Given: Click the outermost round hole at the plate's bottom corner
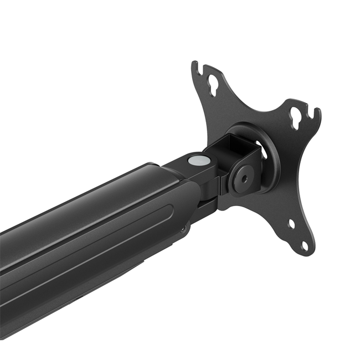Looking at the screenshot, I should [304, 244].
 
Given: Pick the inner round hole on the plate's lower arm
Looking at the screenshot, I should [291, 224].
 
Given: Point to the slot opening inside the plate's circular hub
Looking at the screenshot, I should [263, 152].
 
